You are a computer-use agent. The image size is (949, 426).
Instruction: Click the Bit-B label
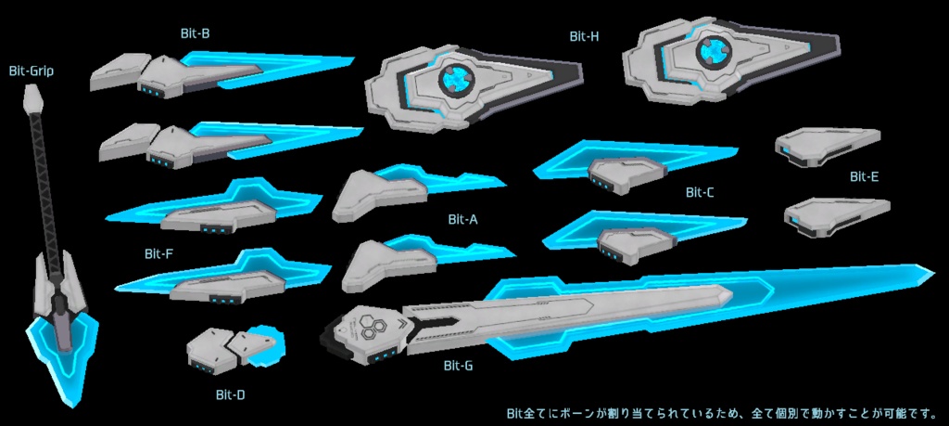(x=195, y=33)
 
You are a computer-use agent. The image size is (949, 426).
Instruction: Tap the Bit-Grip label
(x=32, y=70)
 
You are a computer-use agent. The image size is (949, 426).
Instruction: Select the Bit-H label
(x=584, y=36)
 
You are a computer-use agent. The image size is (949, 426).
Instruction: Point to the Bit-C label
(x=700, y=193)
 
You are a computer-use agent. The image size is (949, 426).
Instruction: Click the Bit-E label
(x=864, y=176)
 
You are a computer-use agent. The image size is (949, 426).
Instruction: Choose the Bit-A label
(x=462, y=220)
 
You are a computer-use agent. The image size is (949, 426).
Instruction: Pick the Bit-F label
(x=159, y=252)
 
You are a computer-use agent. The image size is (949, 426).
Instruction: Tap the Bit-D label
(x=230, y=394)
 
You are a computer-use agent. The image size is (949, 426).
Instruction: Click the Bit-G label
(x=458, y=366)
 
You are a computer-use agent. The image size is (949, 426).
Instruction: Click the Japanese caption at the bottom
(x=721, y=412)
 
